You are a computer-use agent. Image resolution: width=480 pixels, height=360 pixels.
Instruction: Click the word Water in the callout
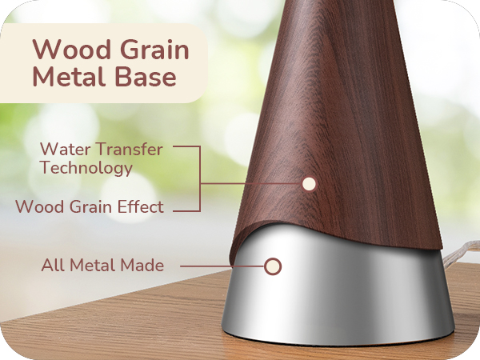(60, 149)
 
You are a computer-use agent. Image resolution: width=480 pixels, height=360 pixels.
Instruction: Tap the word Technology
(86, 168)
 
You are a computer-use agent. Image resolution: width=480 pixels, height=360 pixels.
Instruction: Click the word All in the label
(52, 265)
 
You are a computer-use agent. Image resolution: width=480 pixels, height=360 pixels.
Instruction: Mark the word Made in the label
(145, 265)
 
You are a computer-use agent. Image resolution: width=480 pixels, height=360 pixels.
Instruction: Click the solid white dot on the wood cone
(310, 184)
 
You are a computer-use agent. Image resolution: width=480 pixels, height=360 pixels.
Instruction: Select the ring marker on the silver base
(273, 266)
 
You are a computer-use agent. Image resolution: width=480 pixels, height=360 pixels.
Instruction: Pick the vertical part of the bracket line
(198, 178)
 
